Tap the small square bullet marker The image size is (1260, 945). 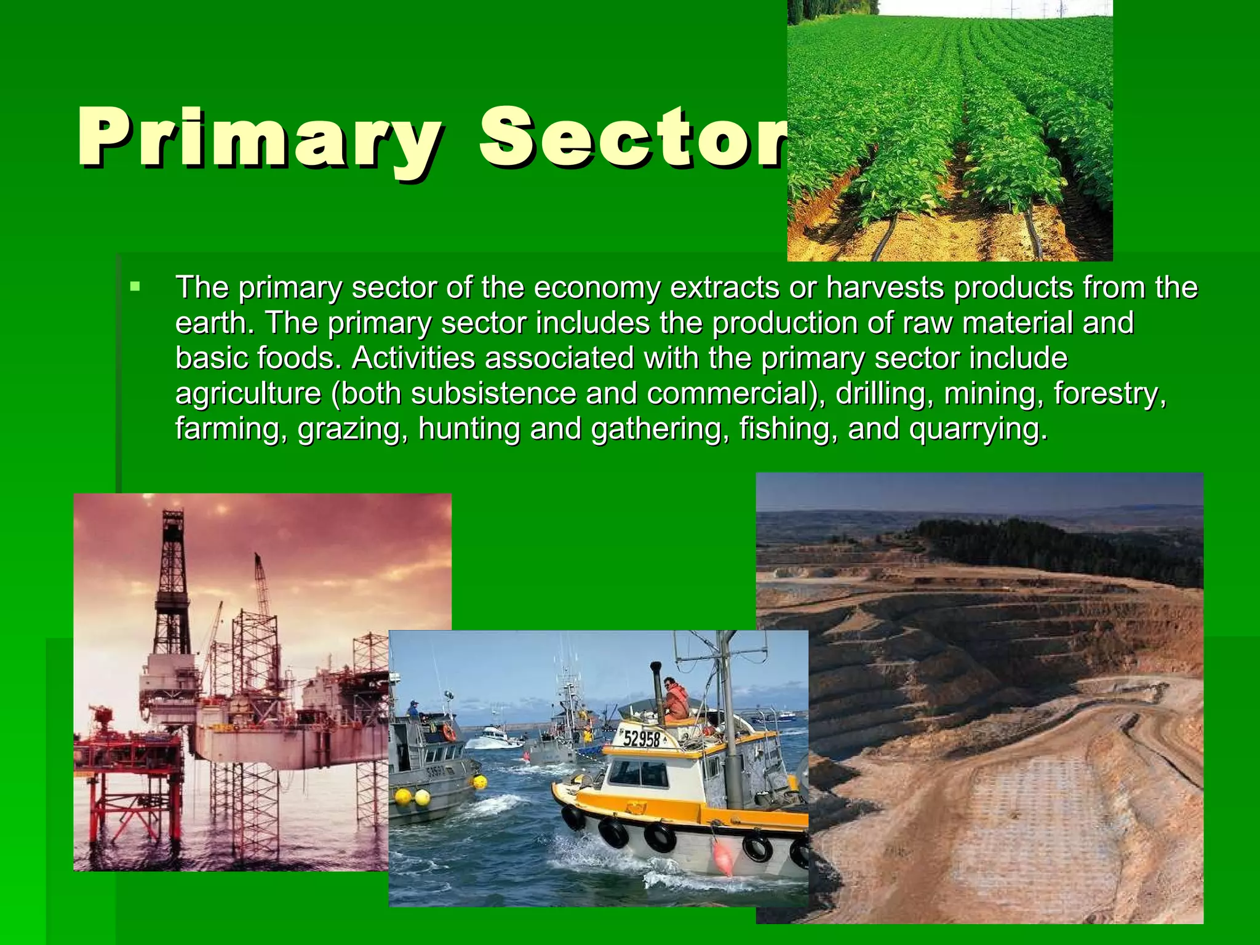click(135, 287)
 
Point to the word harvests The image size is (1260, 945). click(885, 287)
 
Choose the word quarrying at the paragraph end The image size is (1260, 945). click(978, 429)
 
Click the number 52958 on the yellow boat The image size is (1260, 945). click(641, 738)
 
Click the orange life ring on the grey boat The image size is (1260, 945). click(449, 732)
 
